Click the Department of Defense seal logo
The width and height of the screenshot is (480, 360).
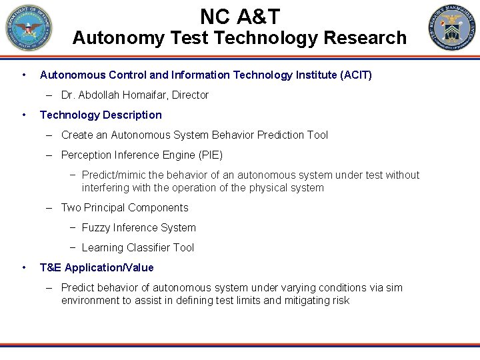tap(28, 28)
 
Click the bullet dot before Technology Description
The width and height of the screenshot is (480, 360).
tap(24, 115)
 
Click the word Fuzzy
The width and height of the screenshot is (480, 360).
tap(95, 228)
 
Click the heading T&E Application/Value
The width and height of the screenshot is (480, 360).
tap(97, 268)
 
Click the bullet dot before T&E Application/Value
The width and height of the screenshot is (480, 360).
tap(24, 268)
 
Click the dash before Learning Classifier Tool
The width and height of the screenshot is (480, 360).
tap(73, 248)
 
